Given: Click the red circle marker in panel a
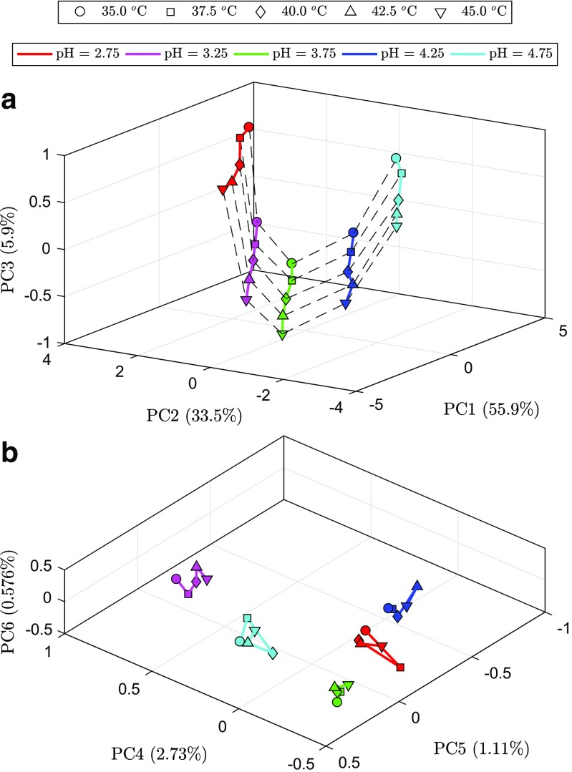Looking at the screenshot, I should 249,127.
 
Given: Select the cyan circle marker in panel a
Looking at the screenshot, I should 396,158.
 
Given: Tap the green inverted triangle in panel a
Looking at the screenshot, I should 282,335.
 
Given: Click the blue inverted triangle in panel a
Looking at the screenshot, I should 346,304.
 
